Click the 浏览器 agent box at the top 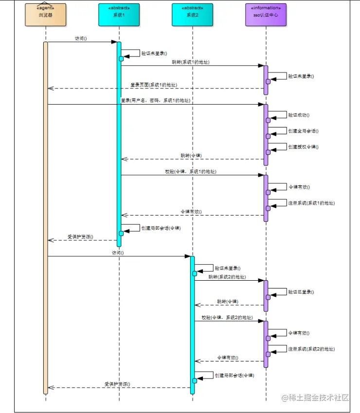point(45,15)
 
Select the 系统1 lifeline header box point(119,15)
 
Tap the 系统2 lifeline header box point(192,15)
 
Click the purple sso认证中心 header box point(266,15)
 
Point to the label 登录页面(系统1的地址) point(154,85)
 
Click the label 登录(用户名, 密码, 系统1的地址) point(156,100)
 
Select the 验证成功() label point(299,115)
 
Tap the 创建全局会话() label point(303,131)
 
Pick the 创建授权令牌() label point(303,146)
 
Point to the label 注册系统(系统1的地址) point(311,203)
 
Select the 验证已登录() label point(301,292)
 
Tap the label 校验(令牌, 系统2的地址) point(227,317)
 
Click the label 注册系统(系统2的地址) point(311,349)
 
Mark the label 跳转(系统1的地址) point(191,62)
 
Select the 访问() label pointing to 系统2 point(118,252)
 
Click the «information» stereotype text point(266,8)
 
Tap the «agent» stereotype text point(45,8)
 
